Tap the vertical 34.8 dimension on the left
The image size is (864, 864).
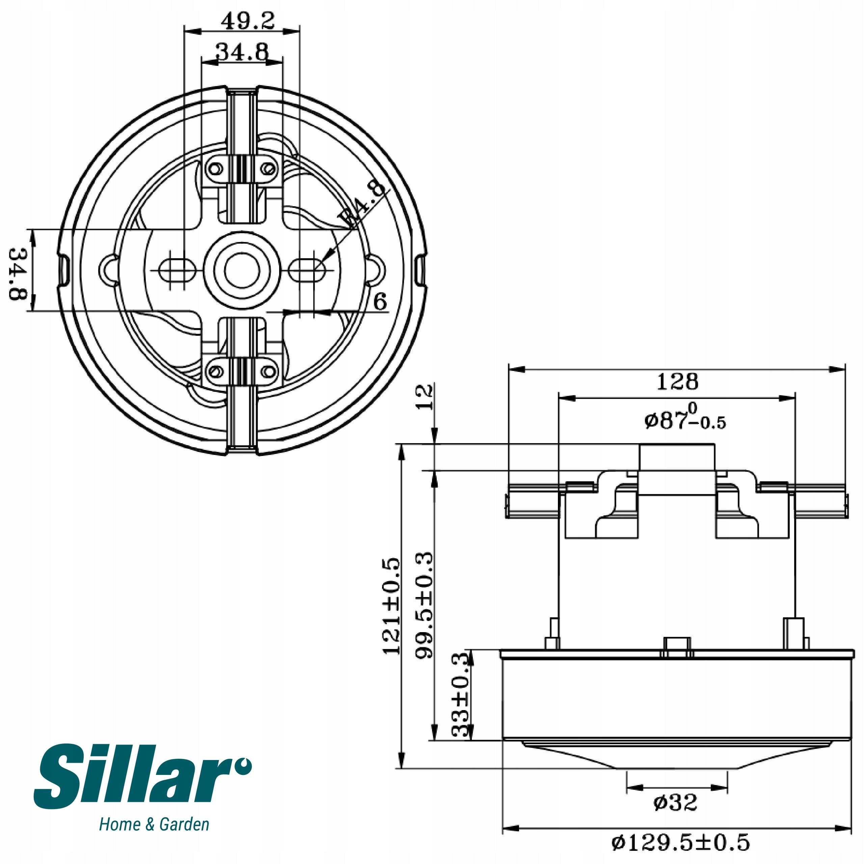pyautogui.click(x=19, y=274)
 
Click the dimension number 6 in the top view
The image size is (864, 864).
pyautogui.click(x=380, y=301)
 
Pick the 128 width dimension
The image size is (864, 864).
pyautogui.click(x=677, y=381)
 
